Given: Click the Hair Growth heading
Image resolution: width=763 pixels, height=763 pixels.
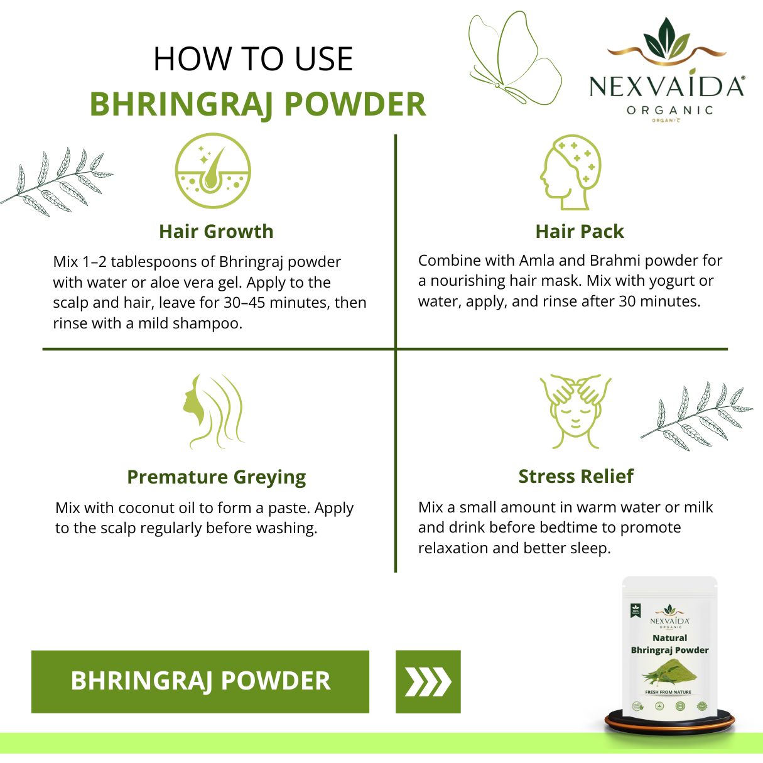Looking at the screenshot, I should tap(216, 231).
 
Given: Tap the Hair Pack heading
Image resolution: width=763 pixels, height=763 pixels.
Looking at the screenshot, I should tap(579, 231).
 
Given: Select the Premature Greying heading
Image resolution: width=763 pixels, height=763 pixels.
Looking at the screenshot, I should tap(216, 477).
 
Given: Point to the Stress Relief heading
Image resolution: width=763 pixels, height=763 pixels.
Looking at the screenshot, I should tap(576, 477).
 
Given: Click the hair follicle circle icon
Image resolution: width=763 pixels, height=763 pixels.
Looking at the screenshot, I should tap(213, 170).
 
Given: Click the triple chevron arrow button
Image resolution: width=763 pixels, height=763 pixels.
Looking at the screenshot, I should tap(428, 681).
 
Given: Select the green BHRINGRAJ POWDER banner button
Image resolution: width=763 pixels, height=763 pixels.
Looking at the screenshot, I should tap(200, 681).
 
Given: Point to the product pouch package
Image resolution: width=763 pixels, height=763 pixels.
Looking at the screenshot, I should tap(669, 650).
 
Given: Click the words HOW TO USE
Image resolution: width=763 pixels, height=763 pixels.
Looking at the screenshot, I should tap(253, 59).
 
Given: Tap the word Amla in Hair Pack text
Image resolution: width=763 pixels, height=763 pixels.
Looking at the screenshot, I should tap(536, 261).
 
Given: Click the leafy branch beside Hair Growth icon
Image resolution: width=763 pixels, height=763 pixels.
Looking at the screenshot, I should tap(57, 182).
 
